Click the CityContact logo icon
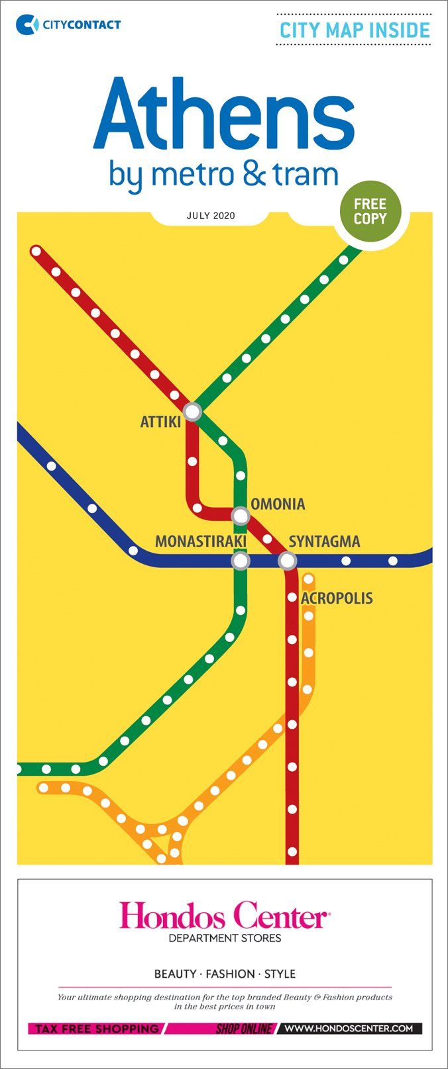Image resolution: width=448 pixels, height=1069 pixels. click(x=27, y=24)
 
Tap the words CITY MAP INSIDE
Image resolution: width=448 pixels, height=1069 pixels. click(x=355, y=30)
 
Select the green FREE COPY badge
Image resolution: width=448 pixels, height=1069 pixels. click(x=370, y=211)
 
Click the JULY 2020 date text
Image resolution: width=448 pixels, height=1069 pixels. click(x=211, y=216)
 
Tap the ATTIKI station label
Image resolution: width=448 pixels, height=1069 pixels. click(x=160, y=422)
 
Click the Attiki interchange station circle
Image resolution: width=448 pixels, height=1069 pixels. click(x=192, y=412)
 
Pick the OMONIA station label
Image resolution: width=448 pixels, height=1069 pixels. click(x=278, y=504)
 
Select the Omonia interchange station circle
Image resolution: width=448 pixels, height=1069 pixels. click(x=241, y=515)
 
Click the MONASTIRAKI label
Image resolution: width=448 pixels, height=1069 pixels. click(x=201, y=541)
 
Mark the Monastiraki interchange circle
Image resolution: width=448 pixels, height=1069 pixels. click(x=241, y=561)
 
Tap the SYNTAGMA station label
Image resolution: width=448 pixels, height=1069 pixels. click(x=325, y=541)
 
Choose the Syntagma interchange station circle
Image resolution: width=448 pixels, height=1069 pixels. click(x=287, y=561)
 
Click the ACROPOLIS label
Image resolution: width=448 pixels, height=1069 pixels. click(x=337, y=598)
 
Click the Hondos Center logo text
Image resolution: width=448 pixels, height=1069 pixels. click(x=224, y=917)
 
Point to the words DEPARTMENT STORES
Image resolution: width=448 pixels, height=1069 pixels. click(x=225, y=938)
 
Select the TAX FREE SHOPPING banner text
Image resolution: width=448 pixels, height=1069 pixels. click(x=97, y=1029)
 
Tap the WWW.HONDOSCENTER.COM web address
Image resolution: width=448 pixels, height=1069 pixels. click(x=349, y=1029)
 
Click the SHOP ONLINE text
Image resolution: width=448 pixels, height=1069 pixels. click(x=244, y=1029)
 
